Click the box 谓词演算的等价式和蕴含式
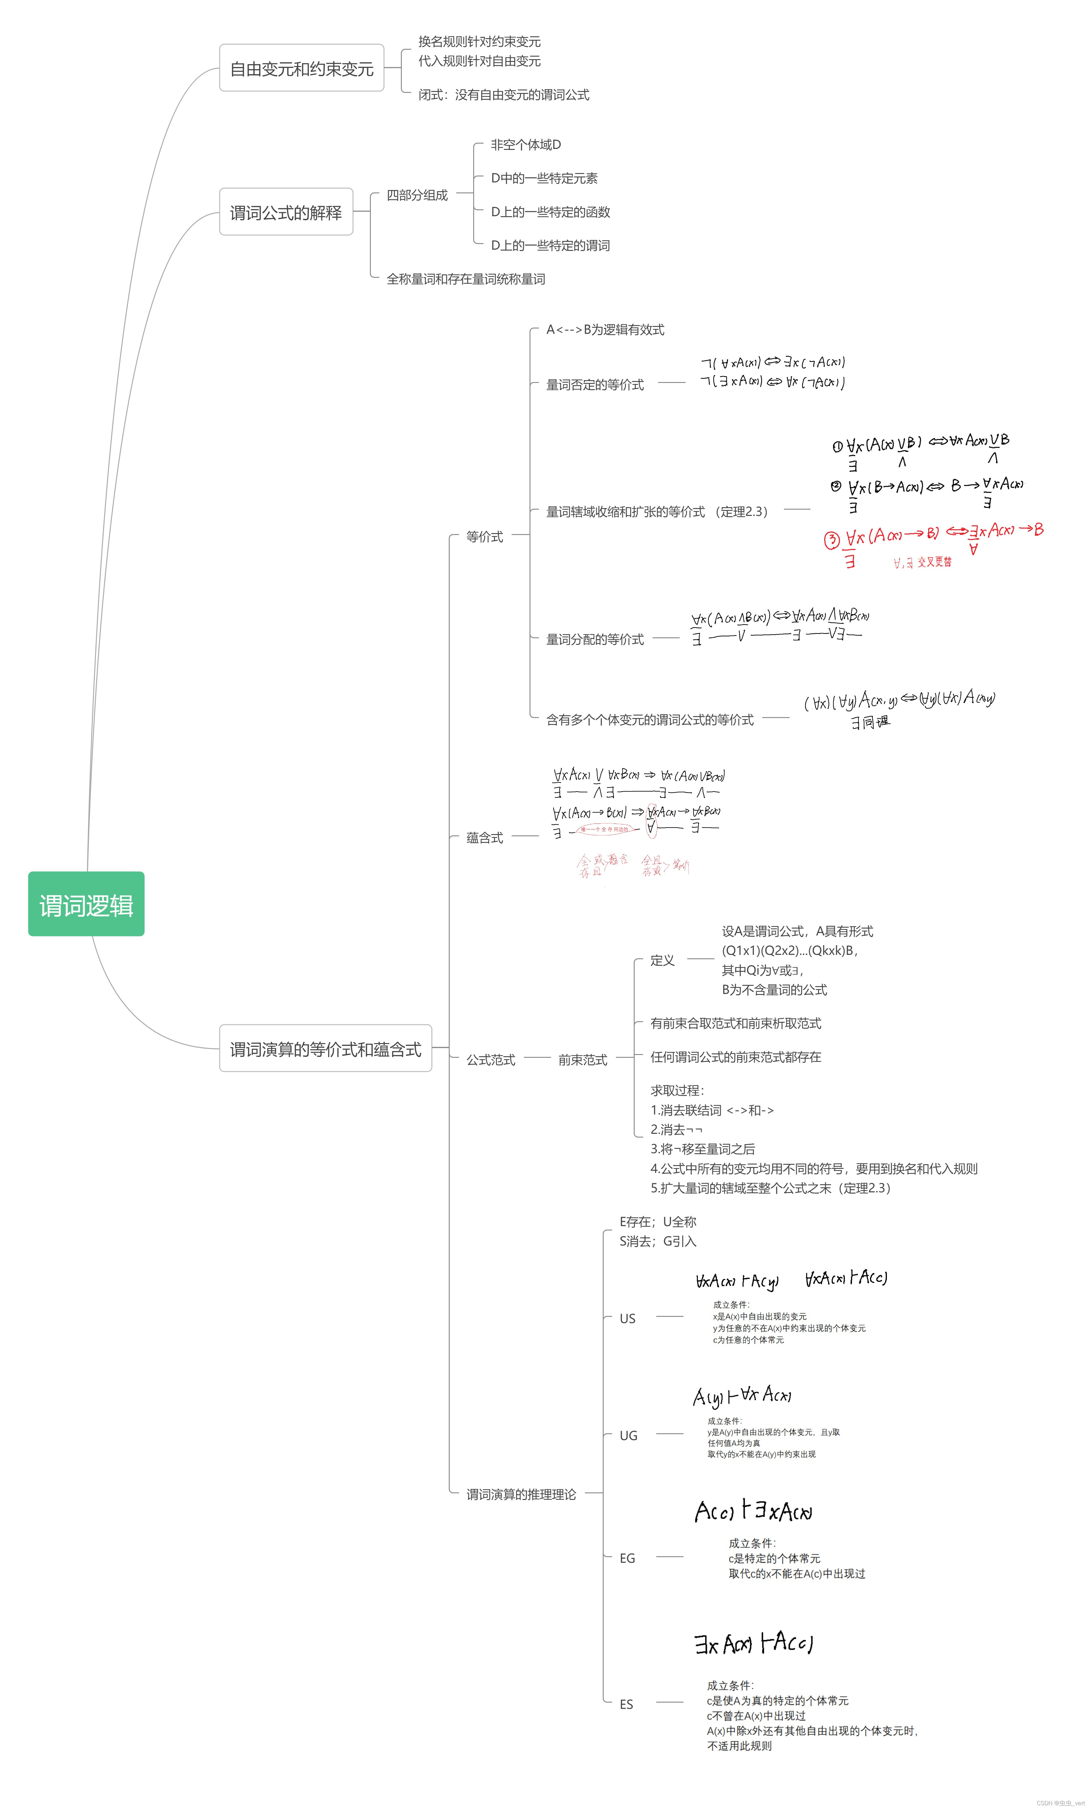coord(325,1048)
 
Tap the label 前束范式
coord(582,1059)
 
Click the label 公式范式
coord(491,1059)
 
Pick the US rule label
coord(627,1318)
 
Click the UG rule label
coord(628,1435)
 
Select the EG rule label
coord(627,1558)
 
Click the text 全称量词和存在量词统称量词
coord(466,279)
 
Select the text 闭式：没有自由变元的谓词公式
coord(504,95)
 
